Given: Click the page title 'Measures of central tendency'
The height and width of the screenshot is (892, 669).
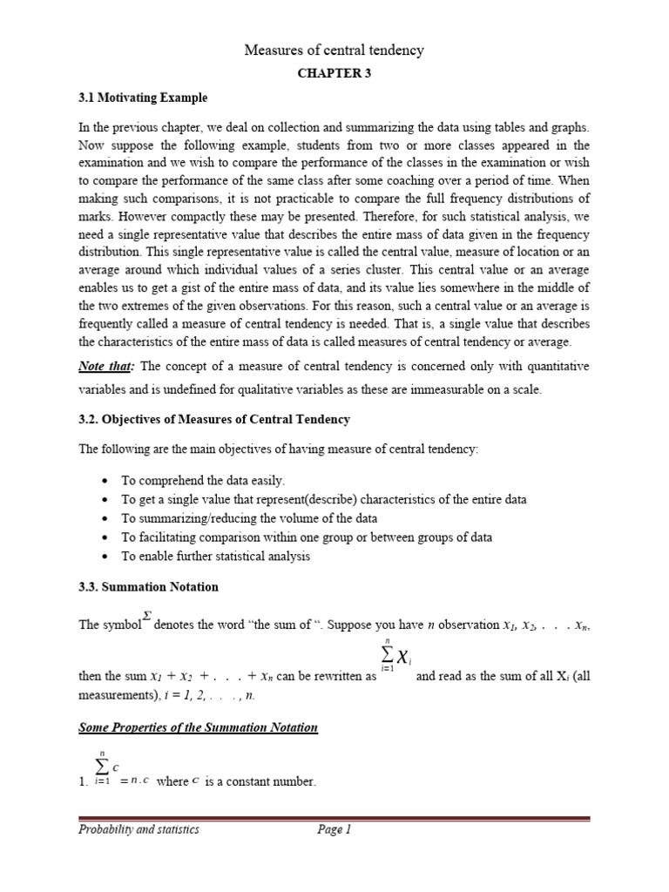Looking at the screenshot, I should click(x=334, y=51).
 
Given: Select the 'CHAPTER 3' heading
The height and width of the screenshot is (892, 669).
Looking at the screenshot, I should click(x=334, y=74).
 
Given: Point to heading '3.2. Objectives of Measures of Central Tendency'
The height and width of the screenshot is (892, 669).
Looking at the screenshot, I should click(x=214, y=419).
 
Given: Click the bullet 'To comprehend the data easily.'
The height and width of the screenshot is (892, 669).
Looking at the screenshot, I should click(x=203, y=481).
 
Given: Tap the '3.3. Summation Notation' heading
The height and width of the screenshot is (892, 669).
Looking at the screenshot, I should click(x=148, y=587).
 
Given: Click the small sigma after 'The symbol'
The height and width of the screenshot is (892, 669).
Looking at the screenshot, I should click(x=147, y=616).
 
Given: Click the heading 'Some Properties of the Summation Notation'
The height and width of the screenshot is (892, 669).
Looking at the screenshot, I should click(x=199, y=728).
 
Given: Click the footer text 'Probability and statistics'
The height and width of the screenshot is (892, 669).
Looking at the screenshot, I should click(x=139, y=830).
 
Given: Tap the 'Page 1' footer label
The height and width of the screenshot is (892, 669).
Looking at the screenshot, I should click(x=334, y=830).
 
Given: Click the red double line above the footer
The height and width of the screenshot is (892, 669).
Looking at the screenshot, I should click(x=334, y=819).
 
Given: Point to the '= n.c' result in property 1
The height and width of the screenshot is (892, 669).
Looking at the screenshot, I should click(x=134, y=782).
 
